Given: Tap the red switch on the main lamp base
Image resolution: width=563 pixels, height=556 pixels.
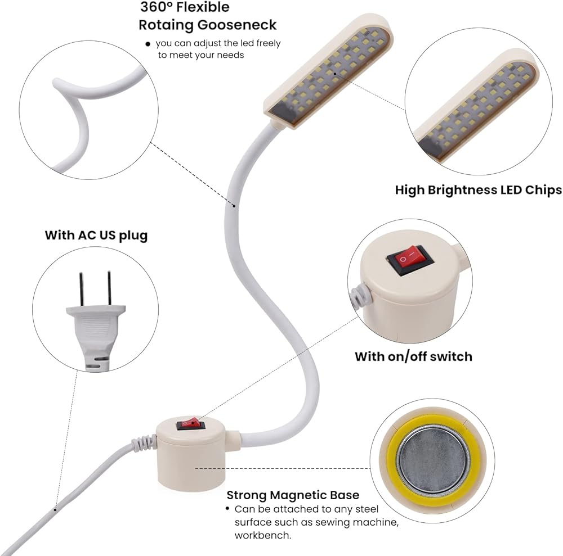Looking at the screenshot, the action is coord(188,424).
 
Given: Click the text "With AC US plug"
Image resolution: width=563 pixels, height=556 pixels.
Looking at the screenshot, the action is coord(96,234).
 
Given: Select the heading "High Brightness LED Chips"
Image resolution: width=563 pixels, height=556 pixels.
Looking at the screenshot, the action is coord(478,190).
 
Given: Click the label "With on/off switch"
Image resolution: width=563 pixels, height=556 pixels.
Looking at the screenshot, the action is coord(413,356).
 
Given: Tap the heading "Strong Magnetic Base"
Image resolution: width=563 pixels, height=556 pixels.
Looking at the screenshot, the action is coord(293,495).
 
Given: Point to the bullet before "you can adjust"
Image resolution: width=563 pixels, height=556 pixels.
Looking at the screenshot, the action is coord(148,44).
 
